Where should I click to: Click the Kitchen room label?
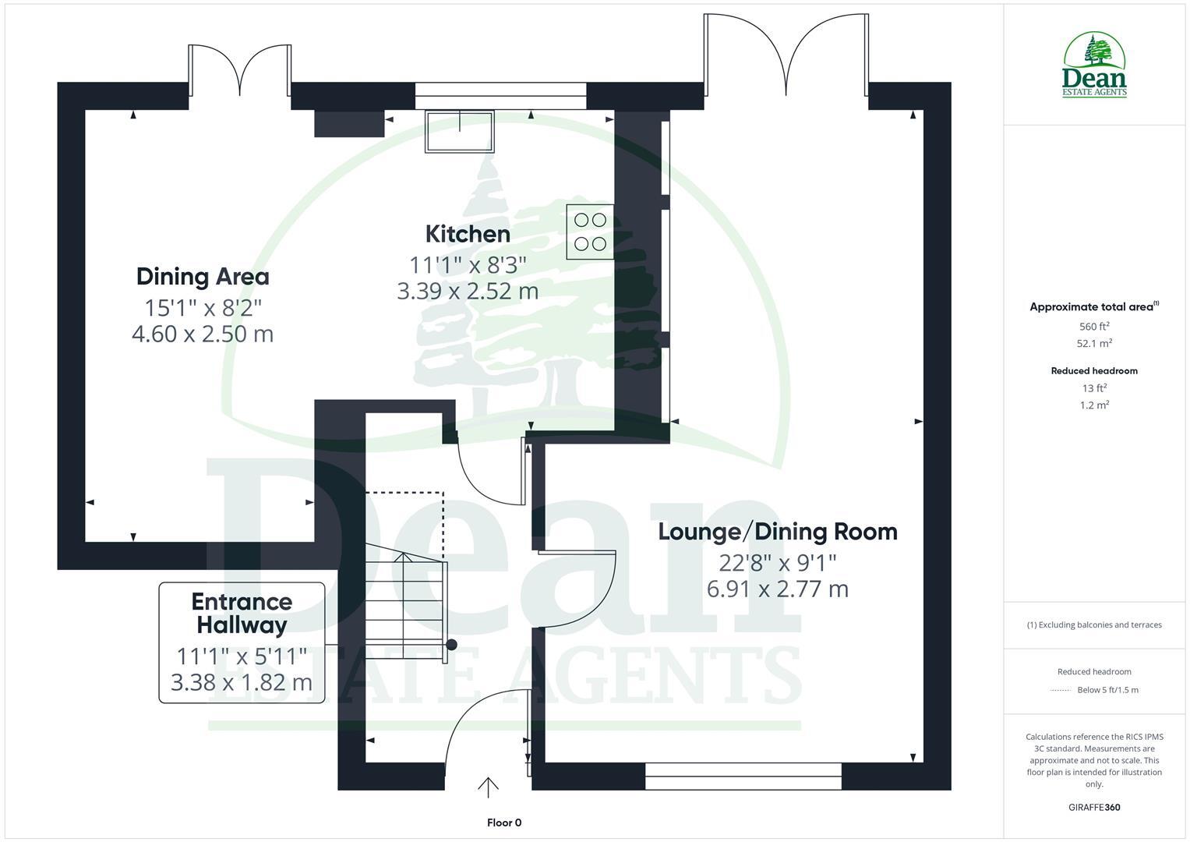(x=468, y=234)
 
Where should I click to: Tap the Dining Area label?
(x=203, y=277)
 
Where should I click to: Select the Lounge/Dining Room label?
(x=778, y=532)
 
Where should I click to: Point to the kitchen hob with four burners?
(x=590, y=232)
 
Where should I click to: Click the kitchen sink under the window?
(x=459, y=132)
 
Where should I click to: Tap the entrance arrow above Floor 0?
(x=488, y=787)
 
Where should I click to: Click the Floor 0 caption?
(x=503, y=823)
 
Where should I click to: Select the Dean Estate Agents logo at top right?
(x=1094, y=65)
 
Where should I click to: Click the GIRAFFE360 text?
(x=1093, y=807)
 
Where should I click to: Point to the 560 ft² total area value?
(x=1094, y=327)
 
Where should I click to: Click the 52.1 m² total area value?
(x=1094, y=343)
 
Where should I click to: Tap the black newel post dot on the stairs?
(x=450, y=645)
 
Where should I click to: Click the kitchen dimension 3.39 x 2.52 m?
(x=468, y=292)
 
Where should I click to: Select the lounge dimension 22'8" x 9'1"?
(x=778, y=562)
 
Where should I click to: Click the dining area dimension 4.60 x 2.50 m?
(x=203, y=334)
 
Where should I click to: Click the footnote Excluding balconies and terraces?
(x=1094, y=624)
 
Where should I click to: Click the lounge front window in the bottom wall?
(x=743, y=777)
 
